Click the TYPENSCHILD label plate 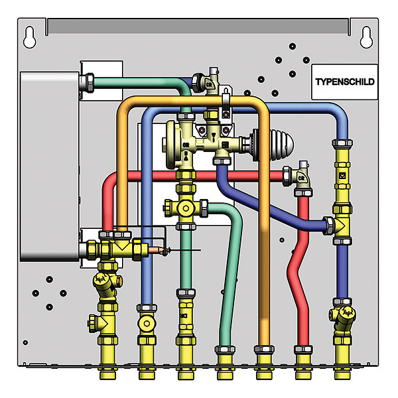[x=344, y=82]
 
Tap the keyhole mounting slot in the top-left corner [x=29, y=38]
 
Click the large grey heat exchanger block [x=48, y=166]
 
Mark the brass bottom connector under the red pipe [x=302, y=362]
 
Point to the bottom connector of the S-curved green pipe [x=224, y=362]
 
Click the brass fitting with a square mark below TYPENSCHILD [x=342, y=176]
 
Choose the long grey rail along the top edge [x=199, y=27]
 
